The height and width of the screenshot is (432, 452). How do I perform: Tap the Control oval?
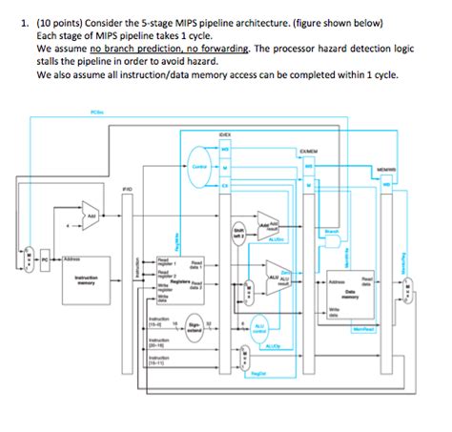[x=201, y=165]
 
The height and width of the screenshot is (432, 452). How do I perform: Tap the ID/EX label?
[x=224, y=134]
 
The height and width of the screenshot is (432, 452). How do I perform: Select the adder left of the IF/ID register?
[x=90, y=215]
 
